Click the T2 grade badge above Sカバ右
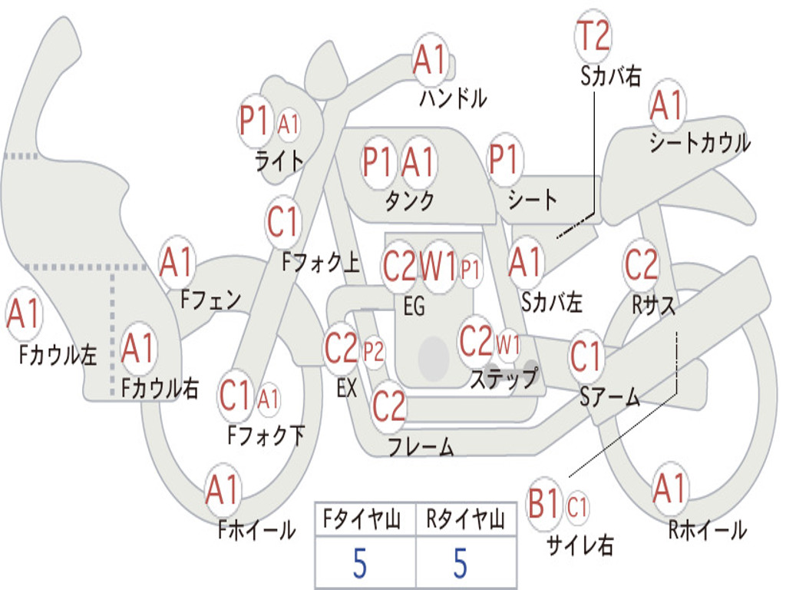(x=593, y=36)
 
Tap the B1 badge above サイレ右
(x=545, y=505)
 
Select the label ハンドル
(x=453, y=98)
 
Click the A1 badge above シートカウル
(x=666, y=106)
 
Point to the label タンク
(x=409, y=201)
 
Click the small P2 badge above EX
(x=374, y=353)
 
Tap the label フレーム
(x=421, y=446)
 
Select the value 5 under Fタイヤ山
(x=359, y=564)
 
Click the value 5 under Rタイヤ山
(x=460, y=564)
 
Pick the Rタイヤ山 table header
(x=465, y=520)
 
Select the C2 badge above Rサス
(x=641, y=265)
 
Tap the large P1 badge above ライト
(x=256, y=121)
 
